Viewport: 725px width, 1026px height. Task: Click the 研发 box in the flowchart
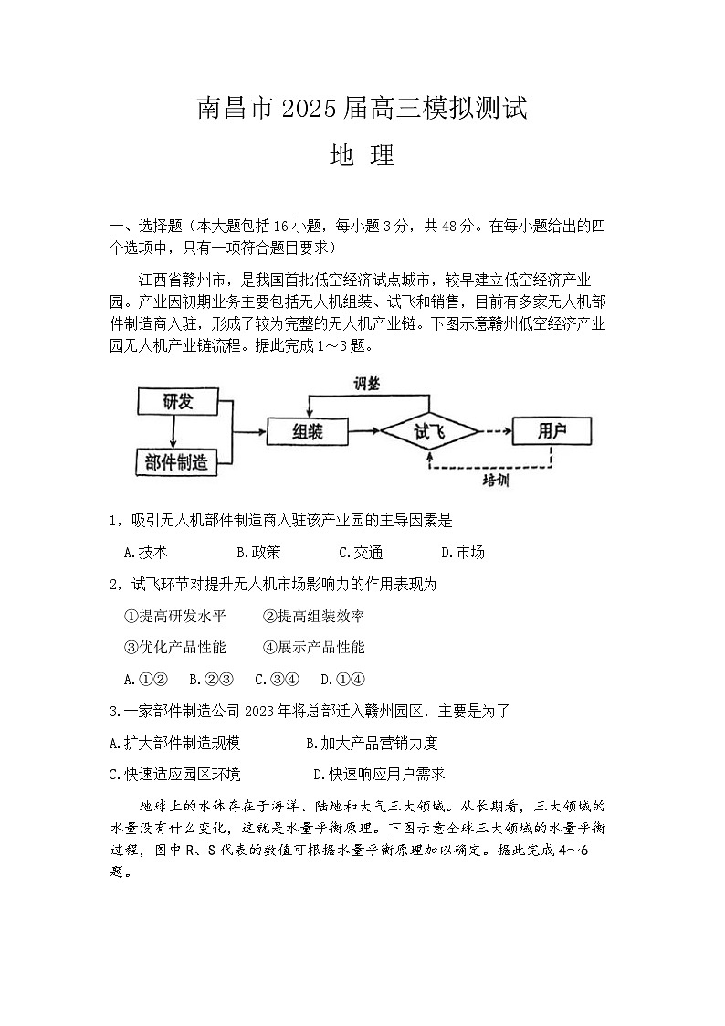[x=178, y=400]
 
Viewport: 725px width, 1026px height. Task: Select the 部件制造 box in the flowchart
[x=176, y=461]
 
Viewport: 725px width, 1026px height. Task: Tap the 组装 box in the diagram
[x=307, y=430]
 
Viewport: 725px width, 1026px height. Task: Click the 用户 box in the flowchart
[x=552, y=430]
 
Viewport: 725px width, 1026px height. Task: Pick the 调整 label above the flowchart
[x=367, y=384]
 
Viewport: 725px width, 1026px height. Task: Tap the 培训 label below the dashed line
[x=495, y=481]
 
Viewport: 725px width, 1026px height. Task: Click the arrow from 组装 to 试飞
[x=363, y=430]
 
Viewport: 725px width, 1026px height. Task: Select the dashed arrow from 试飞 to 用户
[x=494, y=430]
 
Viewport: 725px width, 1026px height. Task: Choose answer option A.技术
[x=145, y=552]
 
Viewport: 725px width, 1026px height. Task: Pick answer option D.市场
[x=463, y=552]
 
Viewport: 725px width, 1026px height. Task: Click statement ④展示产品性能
[x=313, y=647]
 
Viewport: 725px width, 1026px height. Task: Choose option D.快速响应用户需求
[x=379, y=774]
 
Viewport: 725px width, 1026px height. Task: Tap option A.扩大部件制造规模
[x=174, y=743]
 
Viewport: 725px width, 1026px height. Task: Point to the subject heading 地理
[x=362, y=156]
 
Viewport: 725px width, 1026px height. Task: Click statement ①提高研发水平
[x=174, y=616]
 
